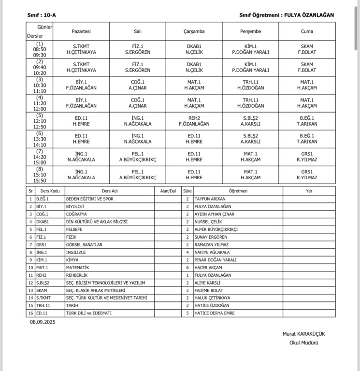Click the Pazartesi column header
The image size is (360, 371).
pyautogui.click(x=81, y=31)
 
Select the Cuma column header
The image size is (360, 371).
pyautogui.click(x=307, y=31)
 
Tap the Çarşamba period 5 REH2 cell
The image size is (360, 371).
pyautogui.click(x=194, y=121)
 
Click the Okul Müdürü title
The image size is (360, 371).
pyautogui.click(x=308, y=343)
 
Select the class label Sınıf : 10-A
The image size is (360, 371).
pyautogui.click(x=42, y=15)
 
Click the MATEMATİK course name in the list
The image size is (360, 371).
pyautogui.click(x=78, y=267)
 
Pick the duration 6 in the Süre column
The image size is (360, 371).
pyautogui.click(x=187, y=267)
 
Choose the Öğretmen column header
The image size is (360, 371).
pyautogui.click(x=238, y=191)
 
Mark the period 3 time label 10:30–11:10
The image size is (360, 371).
pyautogui.click(x=40, y=86)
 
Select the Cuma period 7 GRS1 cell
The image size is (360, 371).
pyautogui.click(x=307, y=157)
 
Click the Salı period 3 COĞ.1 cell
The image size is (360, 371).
pyautogui.click(x=137, y=85)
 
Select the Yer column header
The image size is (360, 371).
pyautogui.click(x=309, y=191)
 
